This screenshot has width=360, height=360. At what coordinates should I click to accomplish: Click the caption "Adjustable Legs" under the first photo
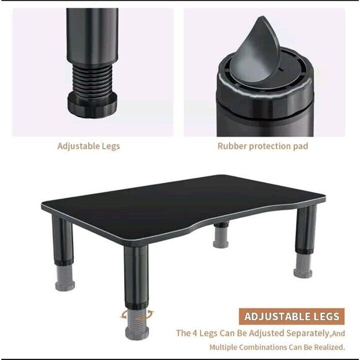click(x=89, y=146)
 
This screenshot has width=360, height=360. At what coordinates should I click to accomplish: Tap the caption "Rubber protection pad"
click(x=263, y=146)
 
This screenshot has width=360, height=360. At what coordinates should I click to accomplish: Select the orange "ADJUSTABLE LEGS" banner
click(x=292, y=317)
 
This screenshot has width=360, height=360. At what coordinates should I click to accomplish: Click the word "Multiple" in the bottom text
click(x=223, y=348)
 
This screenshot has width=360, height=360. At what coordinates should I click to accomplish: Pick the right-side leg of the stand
click(x=305, y=233)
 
